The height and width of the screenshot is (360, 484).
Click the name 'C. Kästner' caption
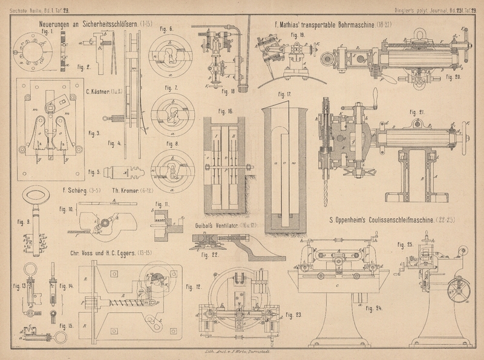click(97, 92)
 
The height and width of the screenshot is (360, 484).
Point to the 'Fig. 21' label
click(417, 112)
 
